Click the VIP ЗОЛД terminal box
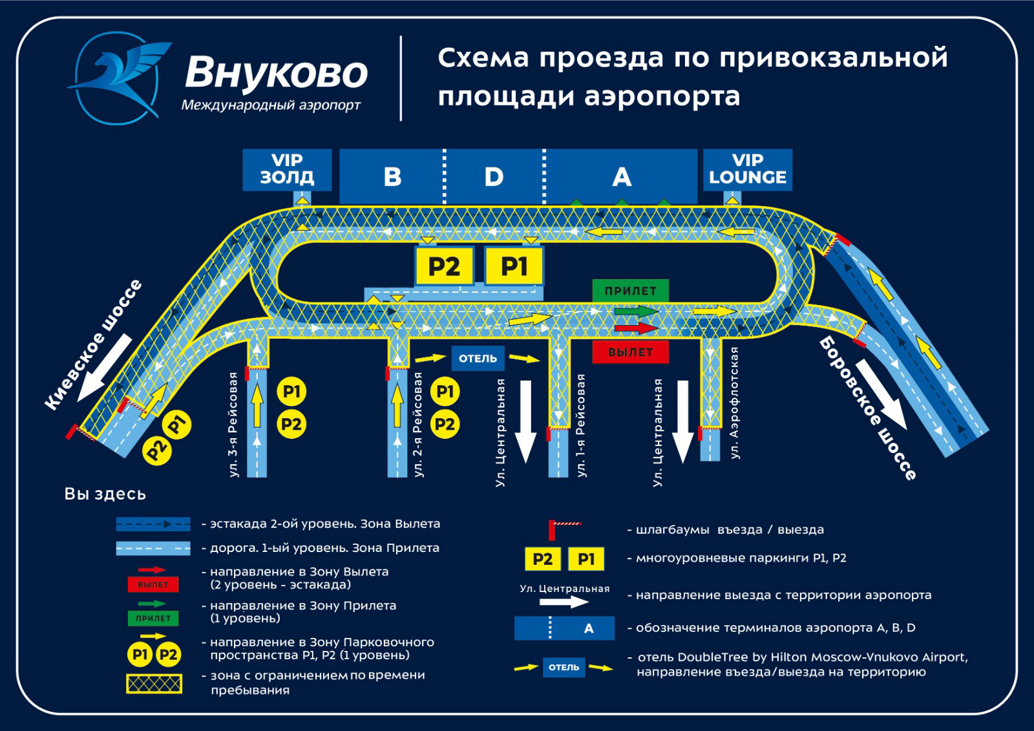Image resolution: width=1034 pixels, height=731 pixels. click(x=287, y=169)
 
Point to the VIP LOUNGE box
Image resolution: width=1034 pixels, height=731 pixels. click(x=747, y=169)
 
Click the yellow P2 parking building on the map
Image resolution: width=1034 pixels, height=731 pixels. click(x=444, y=266)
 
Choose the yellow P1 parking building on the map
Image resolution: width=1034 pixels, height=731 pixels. click(x=514, y=266)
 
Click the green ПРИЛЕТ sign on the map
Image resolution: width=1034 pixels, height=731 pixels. click(x=630, y=291)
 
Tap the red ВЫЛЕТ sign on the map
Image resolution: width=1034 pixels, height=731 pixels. click(x=630, y=352)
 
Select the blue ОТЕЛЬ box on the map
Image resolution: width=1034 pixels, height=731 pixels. click(x=478, y=359)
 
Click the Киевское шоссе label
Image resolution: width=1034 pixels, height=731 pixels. click(x=94, y=345)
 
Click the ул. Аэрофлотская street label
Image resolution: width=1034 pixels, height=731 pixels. click(x=734, y=403)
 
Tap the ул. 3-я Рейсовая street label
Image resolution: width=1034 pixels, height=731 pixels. click(x=233, y=425)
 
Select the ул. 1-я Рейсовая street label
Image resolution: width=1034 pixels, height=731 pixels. click(x=581, y=425)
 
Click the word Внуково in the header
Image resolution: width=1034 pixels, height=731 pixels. click(x=276, y=72)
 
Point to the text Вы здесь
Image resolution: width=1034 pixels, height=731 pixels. click(x=105, y=494)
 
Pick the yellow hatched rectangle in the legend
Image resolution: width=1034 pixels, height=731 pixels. click(x=154, y=684)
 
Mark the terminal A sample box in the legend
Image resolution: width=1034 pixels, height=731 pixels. click(x=564, y=628)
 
